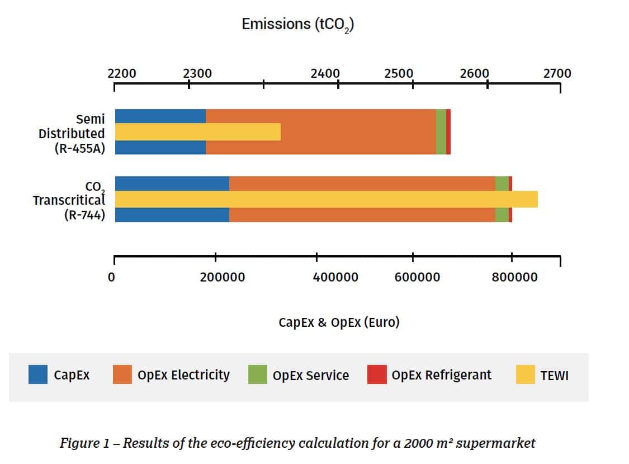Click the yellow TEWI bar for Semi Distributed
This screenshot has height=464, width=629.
(197, 132)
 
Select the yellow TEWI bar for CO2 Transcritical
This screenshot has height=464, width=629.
(326, 199)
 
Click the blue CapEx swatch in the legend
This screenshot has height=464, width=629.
(38, 375)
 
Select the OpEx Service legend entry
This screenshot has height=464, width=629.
(299, 375)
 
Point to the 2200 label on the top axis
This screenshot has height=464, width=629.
(121, 74)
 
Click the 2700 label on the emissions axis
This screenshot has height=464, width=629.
(557, 74)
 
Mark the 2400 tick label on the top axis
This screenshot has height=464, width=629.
(325, 74)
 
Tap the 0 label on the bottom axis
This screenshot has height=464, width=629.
(112, 277)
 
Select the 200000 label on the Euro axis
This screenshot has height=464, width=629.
(222, 277)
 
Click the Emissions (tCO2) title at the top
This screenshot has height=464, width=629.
(297, 25)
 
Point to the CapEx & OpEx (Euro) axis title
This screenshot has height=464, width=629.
(339, 323)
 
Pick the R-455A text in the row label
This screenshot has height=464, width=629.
(79, 149)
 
